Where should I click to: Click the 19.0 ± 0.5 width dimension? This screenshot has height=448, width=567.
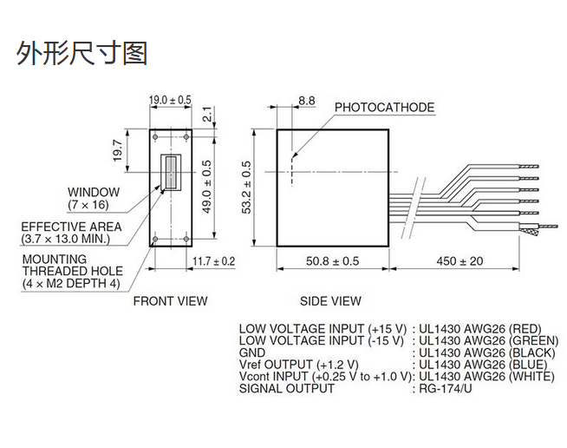(170, 101)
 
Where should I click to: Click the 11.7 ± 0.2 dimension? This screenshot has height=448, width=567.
(213, 260)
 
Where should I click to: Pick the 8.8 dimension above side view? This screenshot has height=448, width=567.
(306, 101)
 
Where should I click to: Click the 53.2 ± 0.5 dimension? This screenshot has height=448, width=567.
(246, 187)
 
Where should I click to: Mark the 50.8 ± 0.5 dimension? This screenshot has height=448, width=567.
(332, 260)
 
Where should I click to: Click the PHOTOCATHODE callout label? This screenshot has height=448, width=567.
(384, 108)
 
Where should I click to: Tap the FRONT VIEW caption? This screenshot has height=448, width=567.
(170, 301)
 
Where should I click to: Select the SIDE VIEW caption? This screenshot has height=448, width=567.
(330, 301)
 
